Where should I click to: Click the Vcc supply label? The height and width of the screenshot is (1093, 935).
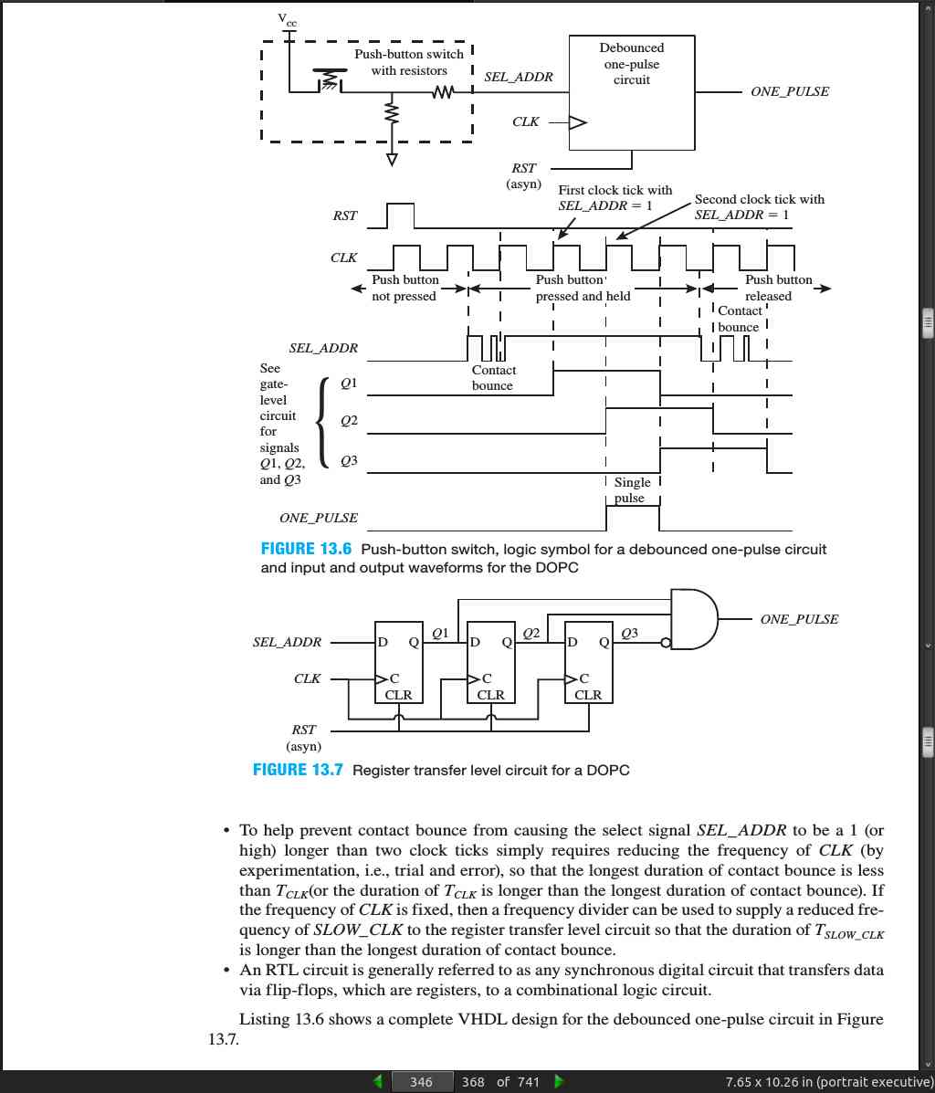coord(287,19)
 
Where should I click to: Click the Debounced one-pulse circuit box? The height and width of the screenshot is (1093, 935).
coord(632,92)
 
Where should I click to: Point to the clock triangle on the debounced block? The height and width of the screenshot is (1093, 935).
coord(578,122)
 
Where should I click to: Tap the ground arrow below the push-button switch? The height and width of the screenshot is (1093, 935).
coord(392,160)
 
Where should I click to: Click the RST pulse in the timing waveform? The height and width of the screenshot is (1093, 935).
coord(400,215)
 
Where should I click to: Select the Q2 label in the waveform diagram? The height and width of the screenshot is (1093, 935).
coord(350,420)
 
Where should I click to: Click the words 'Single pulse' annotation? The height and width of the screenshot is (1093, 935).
coord(632,490)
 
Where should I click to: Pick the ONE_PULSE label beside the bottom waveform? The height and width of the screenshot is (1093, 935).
coord(319,518)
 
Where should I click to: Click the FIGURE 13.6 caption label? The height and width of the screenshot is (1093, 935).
coord(306,550)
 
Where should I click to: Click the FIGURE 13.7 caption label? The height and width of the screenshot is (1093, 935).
coord(298,771)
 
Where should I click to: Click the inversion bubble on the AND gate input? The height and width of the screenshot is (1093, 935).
coord(666,643)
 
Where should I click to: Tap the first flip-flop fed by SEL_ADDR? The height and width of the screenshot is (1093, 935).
coord(399,662)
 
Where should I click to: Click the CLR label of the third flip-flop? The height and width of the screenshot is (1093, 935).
coord(588,695)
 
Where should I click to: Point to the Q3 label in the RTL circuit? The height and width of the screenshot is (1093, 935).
coord(629,633)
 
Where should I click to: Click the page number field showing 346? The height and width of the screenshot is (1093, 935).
coord(421,1082)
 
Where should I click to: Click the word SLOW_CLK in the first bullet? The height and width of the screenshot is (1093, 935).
coord(358,930)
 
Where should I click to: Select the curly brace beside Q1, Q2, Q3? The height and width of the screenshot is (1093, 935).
coord(321,422)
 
